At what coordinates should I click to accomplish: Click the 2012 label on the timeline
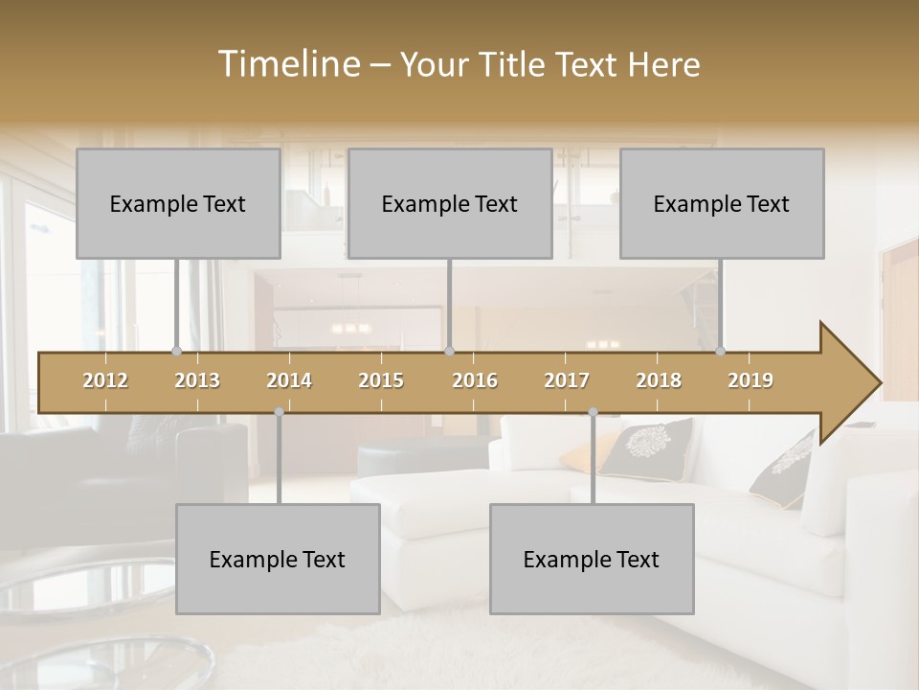pyautogui.click(x=105, y=380)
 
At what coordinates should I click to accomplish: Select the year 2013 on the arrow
pyautogui.click(x=197, y=380)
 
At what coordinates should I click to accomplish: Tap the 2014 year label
pyautogui.click(x=289, y=380)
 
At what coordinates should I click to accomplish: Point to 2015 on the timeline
pyautogui.click(x=381, y=380)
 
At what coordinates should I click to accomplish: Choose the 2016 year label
pyautogui.click(x=475, y=380)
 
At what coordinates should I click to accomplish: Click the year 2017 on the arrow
pyautogui.click(x=567, y=380)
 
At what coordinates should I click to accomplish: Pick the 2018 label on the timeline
pyautogui.click(x=659, y=380)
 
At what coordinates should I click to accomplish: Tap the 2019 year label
pyautogui.click(x=751, y=380)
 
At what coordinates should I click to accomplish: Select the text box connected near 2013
pyautogui.click(x=178, y=203)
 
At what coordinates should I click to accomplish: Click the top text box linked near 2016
pyautogui.click(x=450, y=203)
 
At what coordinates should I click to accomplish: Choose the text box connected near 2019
pyautogui.click(x=722, y=203)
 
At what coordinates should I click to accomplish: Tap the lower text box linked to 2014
pyautogui.click(x=278, y=559)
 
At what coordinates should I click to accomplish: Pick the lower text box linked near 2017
pyautogui.click(x=592, y=559)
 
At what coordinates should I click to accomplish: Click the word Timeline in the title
pyautogui.click(x=287, y=64)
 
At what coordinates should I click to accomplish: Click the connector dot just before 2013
pyautogui.click(x=176, y=351)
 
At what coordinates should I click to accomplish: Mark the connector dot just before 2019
pyautogui.click(x=720, y=351)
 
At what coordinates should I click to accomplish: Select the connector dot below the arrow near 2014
pyautogui.click(x=279, y=412)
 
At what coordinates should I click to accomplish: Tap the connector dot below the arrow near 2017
pyautogui.click(x=593, y=412)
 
